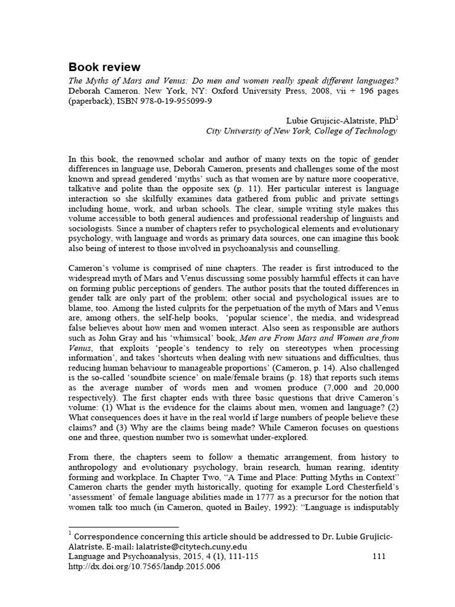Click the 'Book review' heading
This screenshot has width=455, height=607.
click(x=105, y=66)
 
